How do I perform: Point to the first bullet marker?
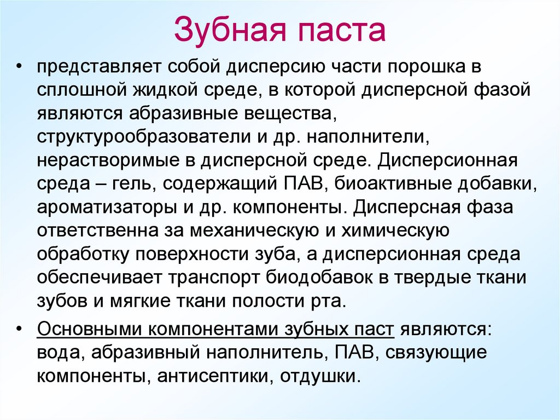(20, 67)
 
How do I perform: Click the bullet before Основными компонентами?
(20, 330)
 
